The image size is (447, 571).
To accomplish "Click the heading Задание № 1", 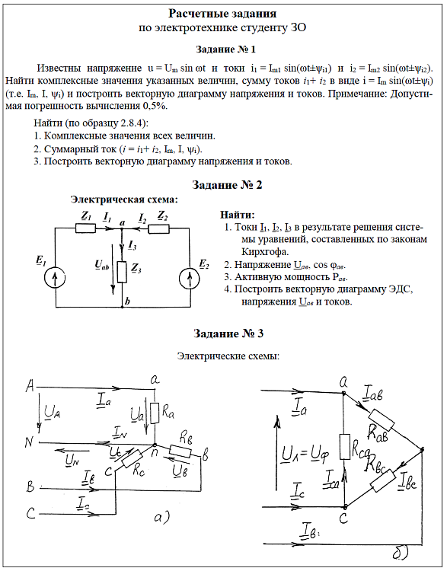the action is coord(226,49).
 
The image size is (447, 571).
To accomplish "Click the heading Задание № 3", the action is coord(228,333).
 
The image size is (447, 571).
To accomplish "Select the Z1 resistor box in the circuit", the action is coord(86,228).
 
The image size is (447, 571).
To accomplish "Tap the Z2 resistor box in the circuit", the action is coord(159,228).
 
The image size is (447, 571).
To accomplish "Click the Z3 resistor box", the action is coord(122,272).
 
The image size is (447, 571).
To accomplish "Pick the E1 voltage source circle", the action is coord(55,278).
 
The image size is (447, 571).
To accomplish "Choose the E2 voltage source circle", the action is coord(190,278).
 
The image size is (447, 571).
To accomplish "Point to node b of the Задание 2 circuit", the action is coord(123,307).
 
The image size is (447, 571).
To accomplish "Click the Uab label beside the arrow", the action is coord(101,265).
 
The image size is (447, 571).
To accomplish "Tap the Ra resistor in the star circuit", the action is coord(155,413).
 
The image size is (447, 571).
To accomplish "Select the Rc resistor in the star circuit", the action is coord(132,459).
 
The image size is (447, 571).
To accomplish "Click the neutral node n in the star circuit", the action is coord(155,445).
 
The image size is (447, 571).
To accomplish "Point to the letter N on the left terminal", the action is coord(29,442).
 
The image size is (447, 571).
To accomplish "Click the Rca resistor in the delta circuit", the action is coord(345,446).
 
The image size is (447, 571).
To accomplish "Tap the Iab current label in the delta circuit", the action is coord(373,394).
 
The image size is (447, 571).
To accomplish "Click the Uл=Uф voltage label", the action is coord(305,455).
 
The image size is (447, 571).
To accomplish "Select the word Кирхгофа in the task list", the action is coord(265,252).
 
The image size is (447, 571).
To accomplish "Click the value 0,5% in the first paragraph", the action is coord(153,106).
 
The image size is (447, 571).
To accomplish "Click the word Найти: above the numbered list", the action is coord(238,215).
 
